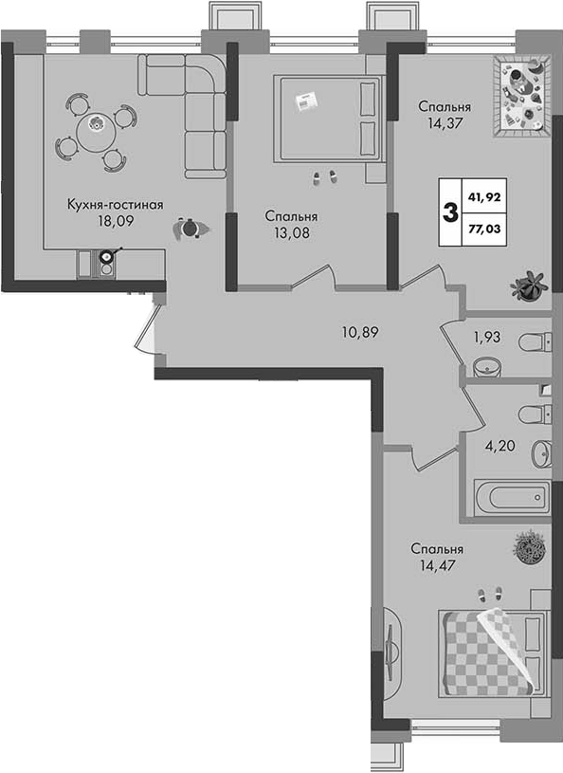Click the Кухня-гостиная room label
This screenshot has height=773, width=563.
(116, 205)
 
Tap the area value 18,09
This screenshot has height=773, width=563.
(116, 221)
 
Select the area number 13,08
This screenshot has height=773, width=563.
(292, 232)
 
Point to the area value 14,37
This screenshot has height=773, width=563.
(445, 122)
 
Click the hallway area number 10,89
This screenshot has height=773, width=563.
(360, 333)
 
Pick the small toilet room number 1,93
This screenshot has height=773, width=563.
(486, 338)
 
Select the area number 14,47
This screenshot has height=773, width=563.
(437, 565)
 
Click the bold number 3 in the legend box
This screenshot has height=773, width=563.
(451, 212)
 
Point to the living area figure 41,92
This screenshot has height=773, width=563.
(484, 197)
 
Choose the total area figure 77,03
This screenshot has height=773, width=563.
(484, 229)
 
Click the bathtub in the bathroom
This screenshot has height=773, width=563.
(512, 497)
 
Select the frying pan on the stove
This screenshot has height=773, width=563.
(108, 255)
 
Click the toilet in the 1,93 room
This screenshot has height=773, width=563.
(534, 341)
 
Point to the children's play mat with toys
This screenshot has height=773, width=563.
(522, 95)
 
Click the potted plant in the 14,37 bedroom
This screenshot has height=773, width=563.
(529, 285)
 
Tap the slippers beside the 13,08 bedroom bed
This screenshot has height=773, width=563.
(325, 177)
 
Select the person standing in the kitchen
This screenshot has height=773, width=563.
(191, 229)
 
